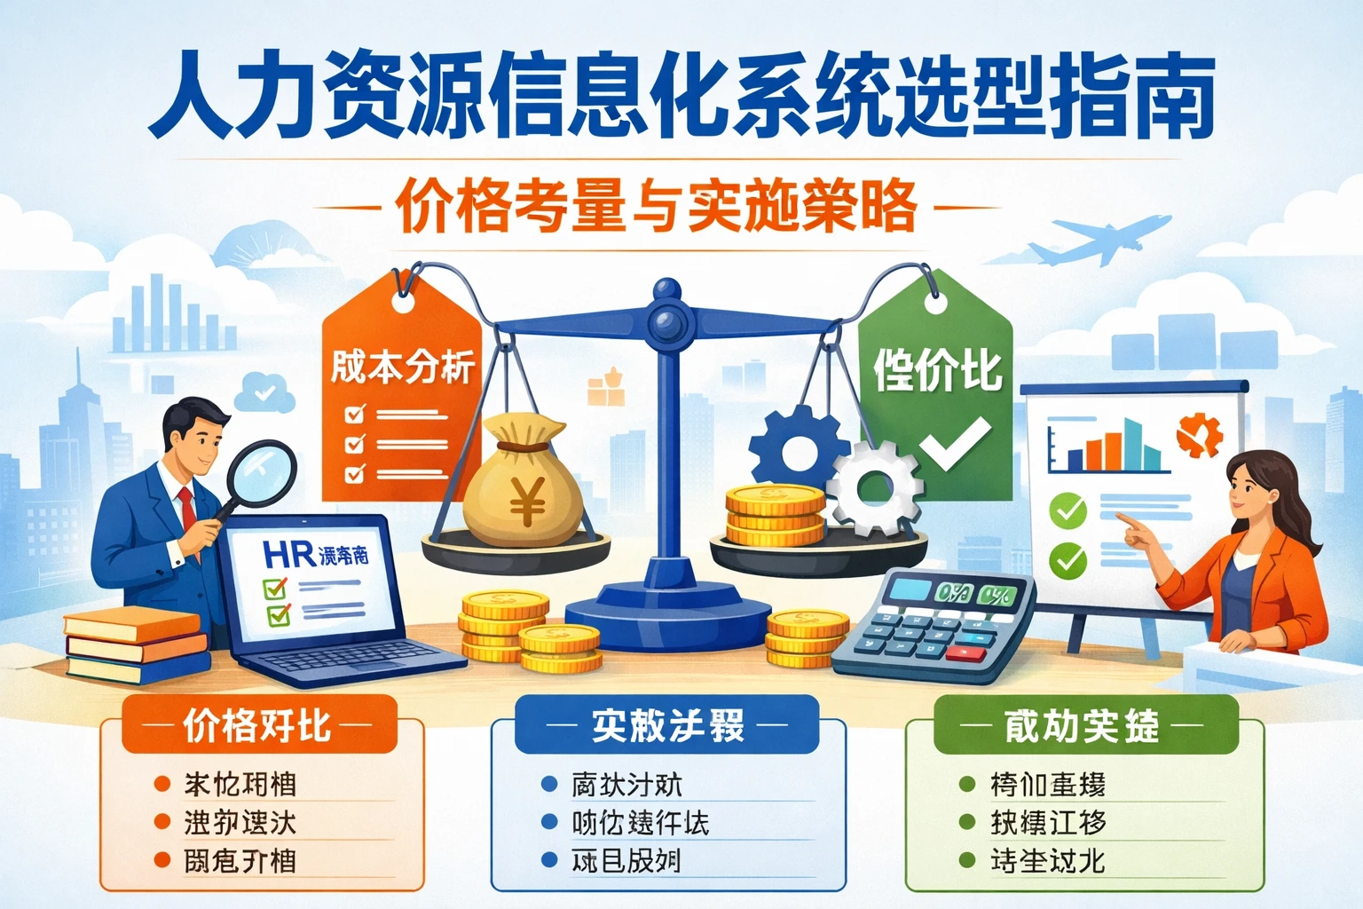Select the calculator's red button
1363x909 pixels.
tap(966, 654)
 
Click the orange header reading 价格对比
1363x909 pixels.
tap(257, 725)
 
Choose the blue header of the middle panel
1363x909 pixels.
tap(667, 725)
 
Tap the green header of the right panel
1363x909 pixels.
tap(1083, 725)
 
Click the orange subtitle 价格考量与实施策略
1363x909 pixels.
tap(657, 206)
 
